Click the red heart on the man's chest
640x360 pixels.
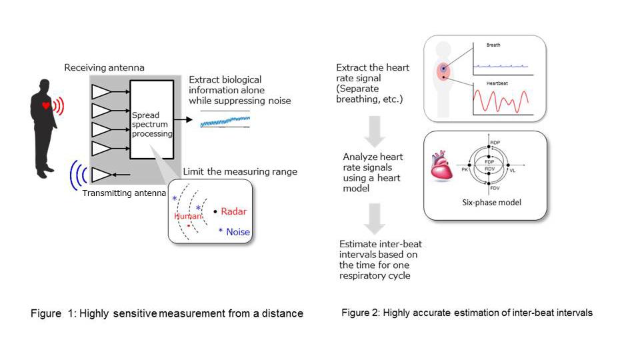(46, 105)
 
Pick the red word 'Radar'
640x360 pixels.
(233, 212)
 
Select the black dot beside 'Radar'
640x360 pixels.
(215, 212)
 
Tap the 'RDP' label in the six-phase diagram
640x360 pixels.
(495, 143)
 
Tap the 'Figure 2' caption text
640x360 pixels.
(467, 312)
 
